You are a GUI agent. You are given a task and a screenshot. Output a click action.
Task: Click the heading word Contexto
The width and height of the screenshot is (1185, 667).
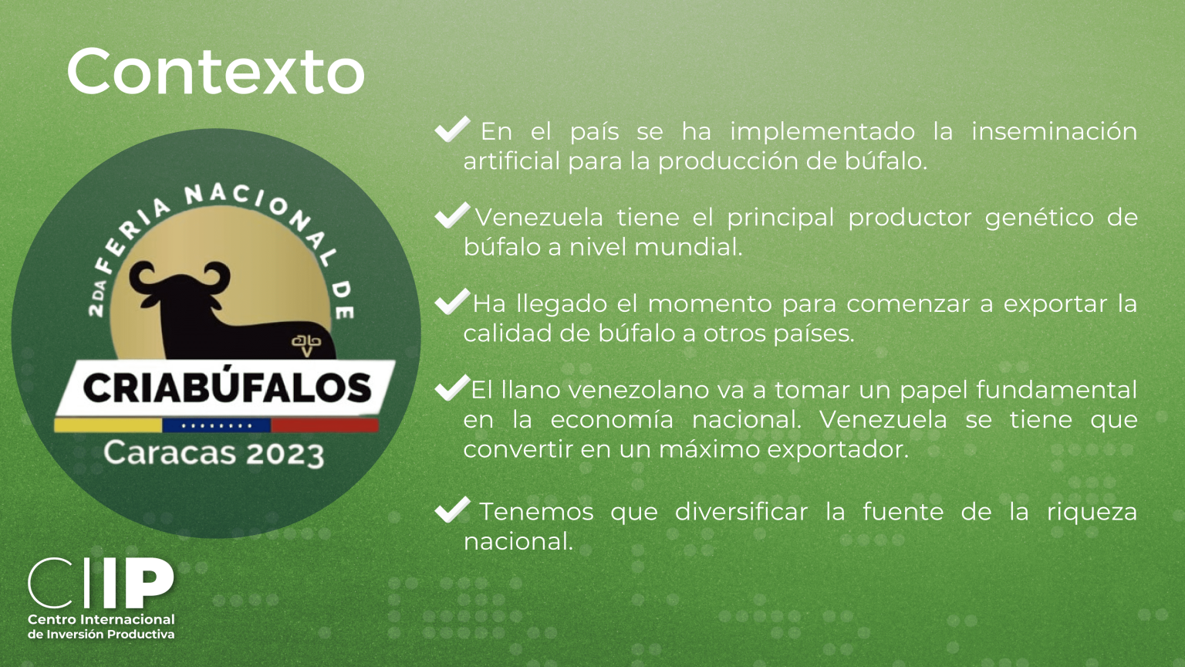pos(216,72)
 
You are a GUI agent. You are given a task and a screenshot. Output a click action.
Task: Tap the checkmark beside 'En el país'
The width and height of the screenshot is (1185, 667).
pos(452,129)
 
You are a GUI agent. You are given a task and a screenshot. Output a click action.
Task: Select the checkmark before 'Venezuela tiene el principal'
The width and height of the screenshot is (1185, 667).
pos(452,215)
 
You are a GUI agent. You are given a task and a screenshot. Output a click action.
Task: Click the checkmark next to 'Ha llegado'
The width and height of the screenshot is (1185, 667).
pos(452,302)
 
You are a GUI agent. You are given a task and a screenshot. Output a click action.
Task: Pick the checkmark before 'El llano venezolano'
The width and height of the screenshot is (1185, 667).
pos(452,388)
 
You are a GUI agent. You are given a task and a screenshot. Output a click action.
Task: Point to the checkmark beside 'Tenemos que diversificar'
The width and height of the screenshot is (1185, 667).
pos(452,510)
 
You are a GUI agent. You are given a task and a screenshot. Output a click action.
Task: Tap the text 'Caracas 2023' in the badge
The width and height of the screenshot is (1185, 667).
pos(213,453)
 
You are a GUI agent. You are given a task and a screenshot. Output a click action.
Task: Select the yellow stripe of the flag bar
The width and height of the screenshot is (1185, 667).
pos(108,425)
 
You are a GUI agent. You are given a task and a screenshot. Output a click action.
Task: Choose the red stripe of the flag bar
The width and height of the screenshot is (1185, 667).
pos(325,425)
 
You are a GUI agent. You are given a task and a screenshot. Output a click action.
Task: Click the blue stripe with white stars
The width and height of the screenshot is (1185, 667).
pos(216,425)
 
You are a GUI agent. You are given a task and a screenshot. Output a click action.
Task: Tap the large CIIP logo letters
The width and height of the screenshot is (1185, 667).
pos(101,583)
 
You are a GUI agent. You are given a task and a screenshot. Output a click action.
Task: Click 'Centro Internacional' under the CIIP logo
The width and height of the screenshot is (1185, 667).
pos(101,619)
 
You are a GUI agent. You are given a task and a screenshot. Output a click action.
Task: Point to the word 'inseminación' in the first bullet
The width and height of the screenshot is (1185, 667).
pos(1055,131)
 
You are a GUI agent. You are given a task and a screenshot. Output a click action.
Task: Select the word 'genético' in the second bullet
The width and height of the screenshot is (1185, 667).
pos(1039,218)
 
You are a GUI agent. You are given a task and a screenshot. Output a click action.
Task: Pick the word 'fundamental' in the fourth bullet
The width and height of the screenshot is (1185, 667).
pos(1056,390)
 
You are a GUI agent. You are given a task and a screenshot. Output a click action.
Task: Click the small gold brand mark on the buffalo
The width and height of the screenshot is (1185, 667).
pos(306,345)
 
